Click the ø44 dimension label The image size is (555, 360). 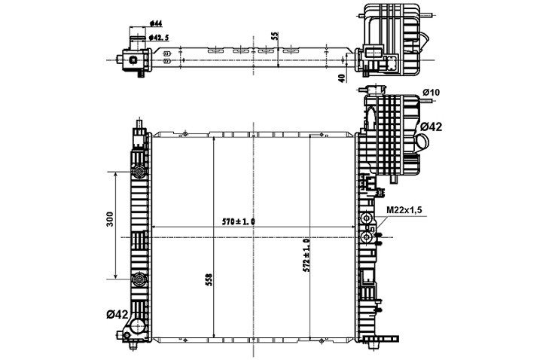pos(156,23)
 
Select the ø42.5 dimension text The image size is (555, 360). pos(159,37)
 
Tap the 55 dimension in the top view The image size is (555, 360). pos(275,36)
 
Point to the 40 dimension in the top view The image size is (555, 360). pos(342,78)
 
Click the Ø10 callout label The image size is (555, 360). pos(431,93)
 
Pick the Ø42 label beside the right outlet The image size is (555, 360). pos(431,127)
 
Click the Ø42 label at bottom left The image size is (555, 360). pos(117,314)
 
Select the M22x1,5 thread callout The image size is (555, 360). pos(404,210)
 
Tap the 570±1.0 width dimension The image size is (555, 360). pos(239,222)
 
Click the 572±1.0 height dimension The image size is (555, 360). pos(306,255)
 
